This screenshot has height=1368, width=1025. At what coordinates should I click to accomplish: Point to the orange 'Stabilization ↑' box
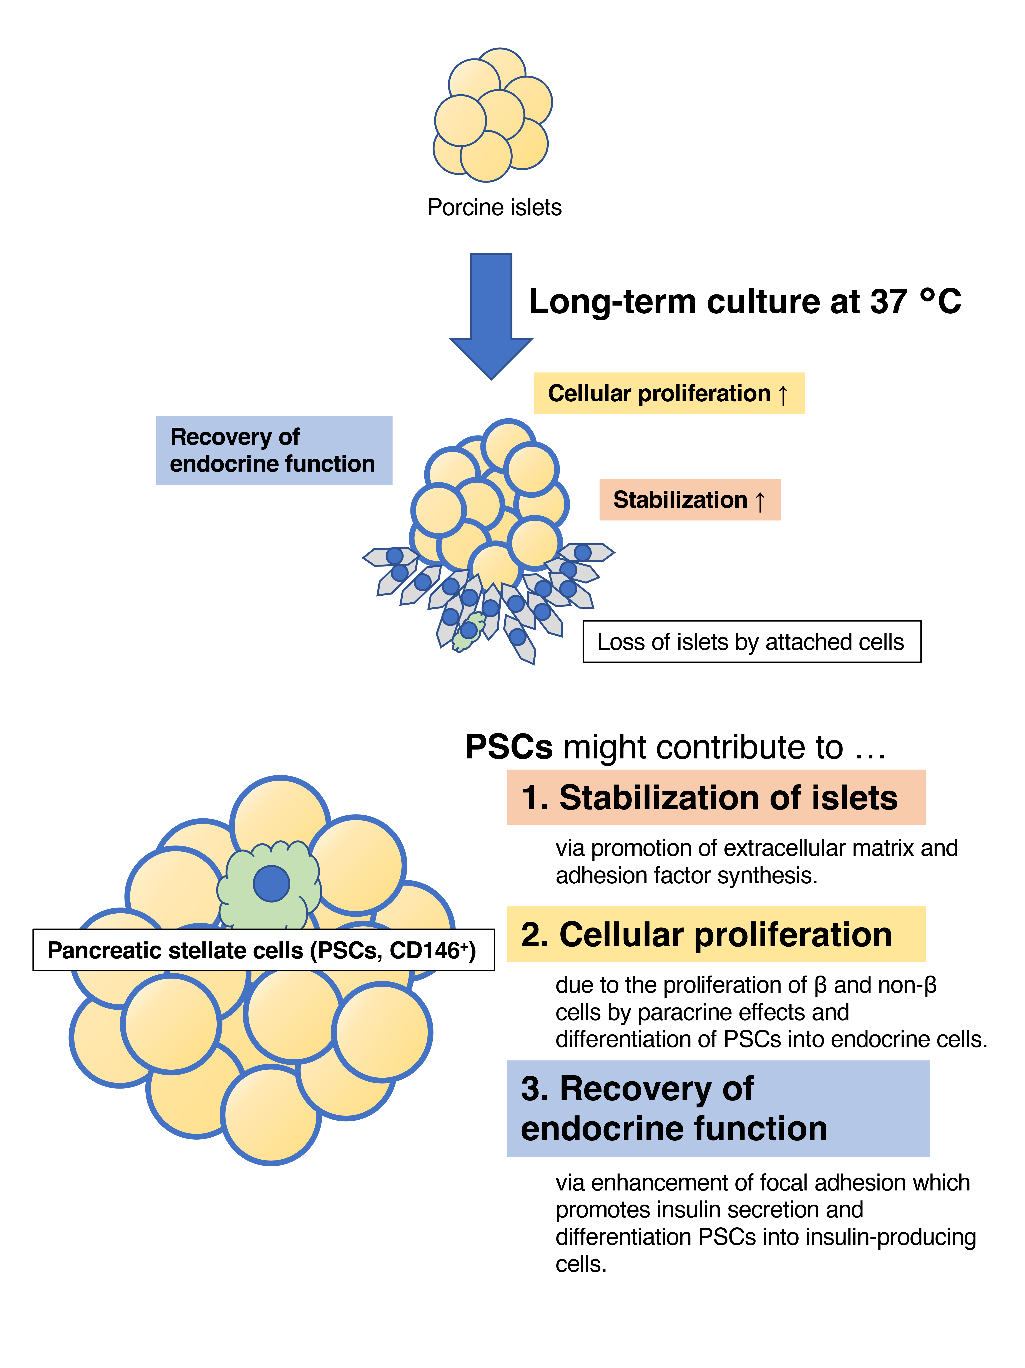[x=689, y=500]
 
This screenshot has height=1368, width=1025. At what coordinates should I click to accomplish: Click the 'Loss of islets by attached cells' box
[x=751, y=642]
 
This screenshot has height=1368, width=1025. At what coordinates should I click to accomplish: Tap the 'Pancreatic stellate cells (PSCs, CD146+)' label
[x=263, y=950]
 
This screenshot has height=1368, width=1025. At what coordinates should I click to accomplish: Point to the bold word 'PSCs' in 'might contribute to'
[x=508, y=747]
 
